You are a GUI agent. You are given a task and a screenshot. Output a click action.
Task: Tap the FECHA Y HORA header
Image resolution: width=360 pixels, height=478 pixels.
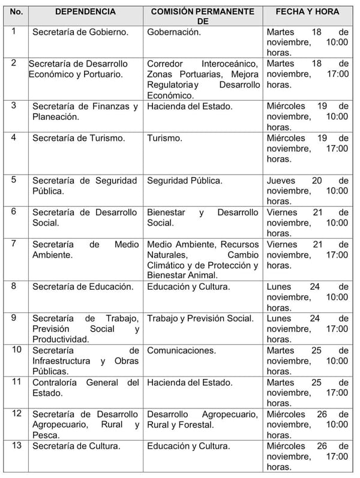click(307, 11)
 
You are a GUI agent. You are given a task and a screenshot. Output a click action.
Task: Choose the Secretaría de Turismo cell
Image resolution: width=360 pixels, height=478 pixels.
click(79, 138)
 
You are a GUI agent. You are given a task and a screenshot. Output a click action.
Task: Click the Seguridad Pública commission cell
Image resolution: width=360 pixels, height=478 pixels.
click(185, 181)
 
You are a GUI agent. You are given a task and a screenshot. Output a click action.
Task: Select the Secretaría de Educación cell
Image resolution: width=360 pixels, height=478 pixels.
click(83, 287)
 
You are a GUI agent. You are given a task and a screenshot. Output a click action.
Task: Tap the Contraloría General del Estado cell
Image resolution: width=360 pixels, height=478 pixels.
click(85, 387)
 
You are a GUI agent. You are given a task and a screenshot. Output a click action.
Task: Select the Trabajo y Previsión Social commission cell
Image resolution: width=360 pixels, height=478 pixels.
click(200, 318)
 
